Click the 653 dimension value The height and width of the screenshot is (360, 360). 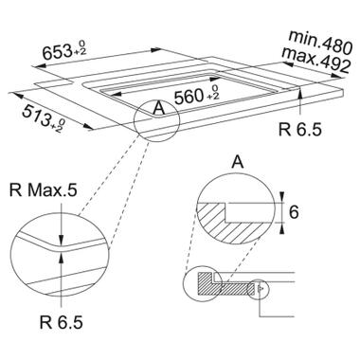(x=58, y=51)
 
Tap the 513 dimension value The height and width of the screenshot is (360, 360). (x=36, y=116)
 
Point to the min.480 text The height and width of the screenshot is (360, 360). (x=319, y=41)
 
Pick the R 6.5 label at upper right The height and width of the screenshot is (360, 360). (x=299, y=130)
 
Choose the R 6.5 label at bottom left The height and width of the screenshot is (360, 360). (x=62, y=322)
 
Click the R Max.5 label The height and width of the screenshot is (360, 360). (x=44, y=190)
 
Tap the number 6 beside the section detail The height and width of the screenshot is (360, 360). (x=294, y=212)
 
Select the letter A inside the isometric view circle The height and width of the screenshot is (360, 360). (x=158, y=109)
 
